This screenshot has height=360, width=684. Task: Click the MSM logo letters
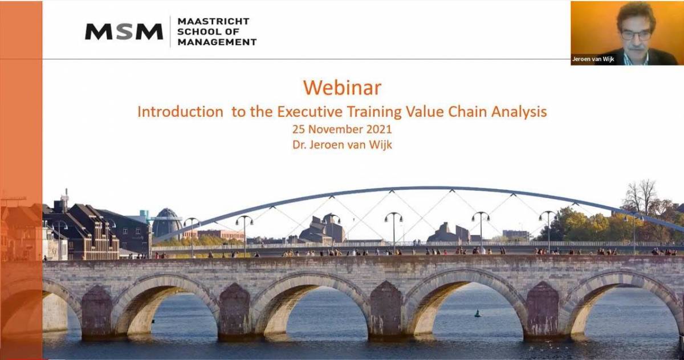tap(124, 31)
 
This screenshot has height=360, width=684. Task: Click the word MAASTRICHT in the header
tap(213, 21)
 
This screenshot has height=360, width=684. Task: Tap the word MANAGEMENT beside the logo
tap(217, 42)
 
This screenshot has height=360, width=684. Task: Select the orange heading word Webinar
tap(343, 88)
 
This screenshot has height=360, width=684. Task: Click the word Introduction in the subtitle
tap(181, 112)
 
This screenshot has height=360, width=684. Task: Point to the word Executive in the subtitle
tap(310, 112)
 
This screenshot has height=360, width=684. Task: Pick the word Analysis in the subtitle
tap(519, 112)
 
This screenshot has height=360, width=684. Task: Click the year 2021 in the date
tap(379, 129)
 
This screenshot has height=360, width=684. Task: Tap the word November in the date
tap(336, 129)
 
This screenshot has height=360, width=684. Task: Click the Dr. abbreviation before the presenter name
tap(299, 145)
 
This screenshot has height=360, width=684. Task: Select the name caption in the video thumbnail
tap(593, 59)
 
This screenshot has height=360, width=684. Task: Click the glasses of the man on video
tap(637, 35)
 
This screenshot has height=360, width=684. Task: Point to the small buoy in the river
tap(477, 313)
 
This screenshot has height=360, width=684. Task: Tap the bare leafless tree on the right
tap(640, 197)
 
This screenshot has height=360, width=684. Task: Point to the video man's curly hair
tap(636, 15)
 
